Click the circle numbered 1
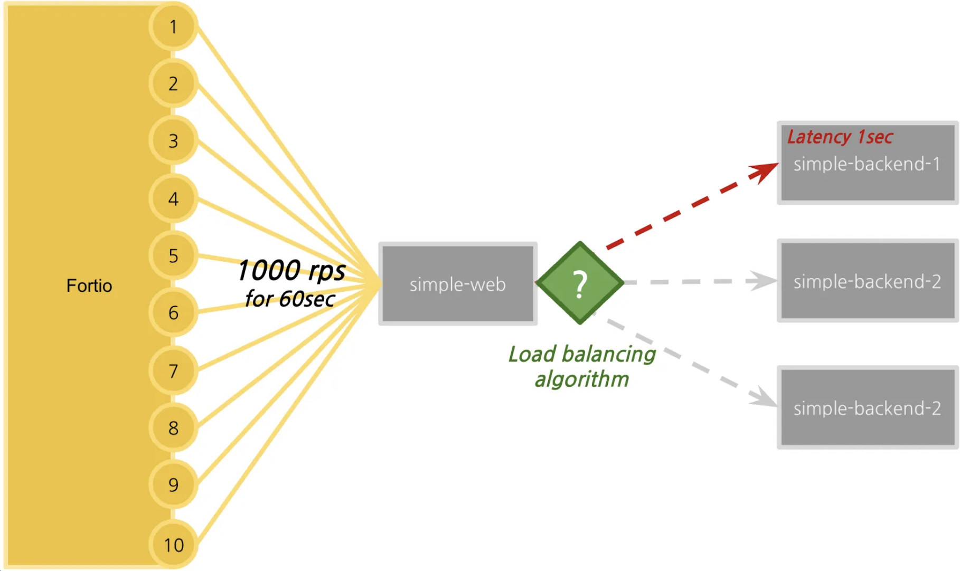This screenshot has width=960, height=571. [x=173, y=26]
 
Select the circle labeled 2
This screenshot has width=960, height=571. [x=173, y=83]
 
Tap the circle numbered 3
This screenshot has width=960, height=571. [x=173, y=141]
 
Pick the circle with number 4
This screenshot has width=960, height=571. [x=173, y=198]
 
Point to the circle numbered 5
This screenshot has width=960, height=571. [x=173, y=255]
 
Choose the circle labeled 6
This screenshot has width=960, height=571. [x=173, y=313]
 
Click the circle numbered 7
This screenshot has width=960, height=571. [x=173, y=370]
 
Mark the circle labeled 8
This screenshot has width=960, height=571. [x=173, y=427]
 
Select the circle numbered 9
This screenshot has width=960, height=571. [x=173, y=484]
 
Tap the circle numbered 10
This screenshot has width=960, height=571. [x=173, y=545]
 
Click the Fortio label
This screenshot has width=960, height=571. [x=89, y=285]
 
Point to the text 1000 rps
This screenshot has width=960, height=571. [x=291, y=271]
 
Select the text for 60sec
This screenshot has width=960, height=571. [x=290, y=299]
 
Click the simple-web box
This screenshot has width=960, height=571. [x=458, y=284]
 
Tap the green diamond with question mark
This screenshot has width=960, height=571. [x=580, y=283]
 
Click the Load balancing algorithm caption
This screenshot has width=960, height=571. [x=582, y=366]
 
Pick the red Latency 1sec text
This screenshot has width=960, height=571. [x=840, y=137]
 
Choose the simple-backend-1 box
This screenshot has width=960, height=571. [x=868, y=163]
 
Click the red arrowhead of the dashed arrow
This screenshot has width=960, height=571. [x=764, y=171]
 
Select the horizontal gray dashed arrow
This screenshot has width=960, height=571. [x=700, y=281]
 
